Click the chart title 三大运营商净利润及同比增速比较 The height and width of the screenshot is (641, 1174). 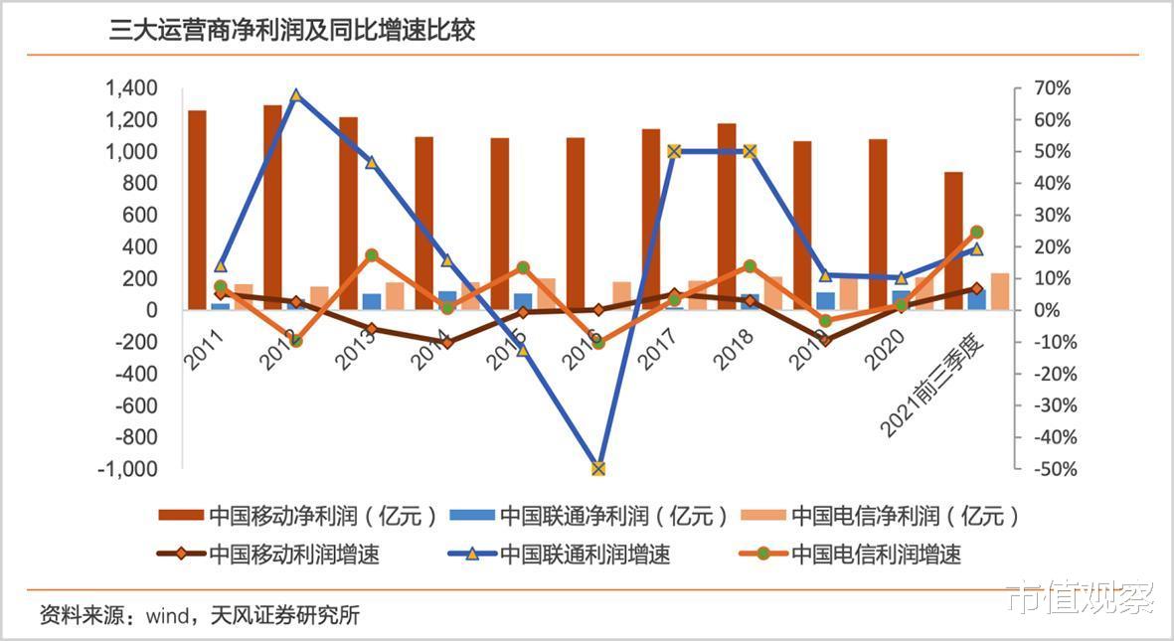[292, 31]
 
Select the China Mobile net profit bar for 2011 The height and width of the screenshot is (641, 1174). [197, 209]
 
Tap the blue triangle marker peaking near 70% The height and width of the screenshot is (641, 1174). [295, 95]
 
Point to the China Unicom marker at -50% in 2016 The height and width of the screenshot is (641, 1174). [597, 468]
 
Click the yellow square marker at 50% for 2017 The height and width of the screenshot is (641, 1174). [674, 151]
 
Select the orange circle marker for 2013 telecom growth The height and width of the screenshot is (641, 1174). [371, 255]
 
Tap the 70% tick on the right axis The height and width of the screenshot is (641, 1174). [1050, 88]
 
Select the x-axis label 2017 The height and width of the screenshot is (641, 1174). [660, 349]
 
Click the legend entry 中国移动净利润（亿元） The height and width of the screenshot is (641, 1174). [298, 516]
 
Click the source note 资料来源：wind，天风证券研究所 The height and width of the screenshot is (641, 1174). [199, 615]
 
